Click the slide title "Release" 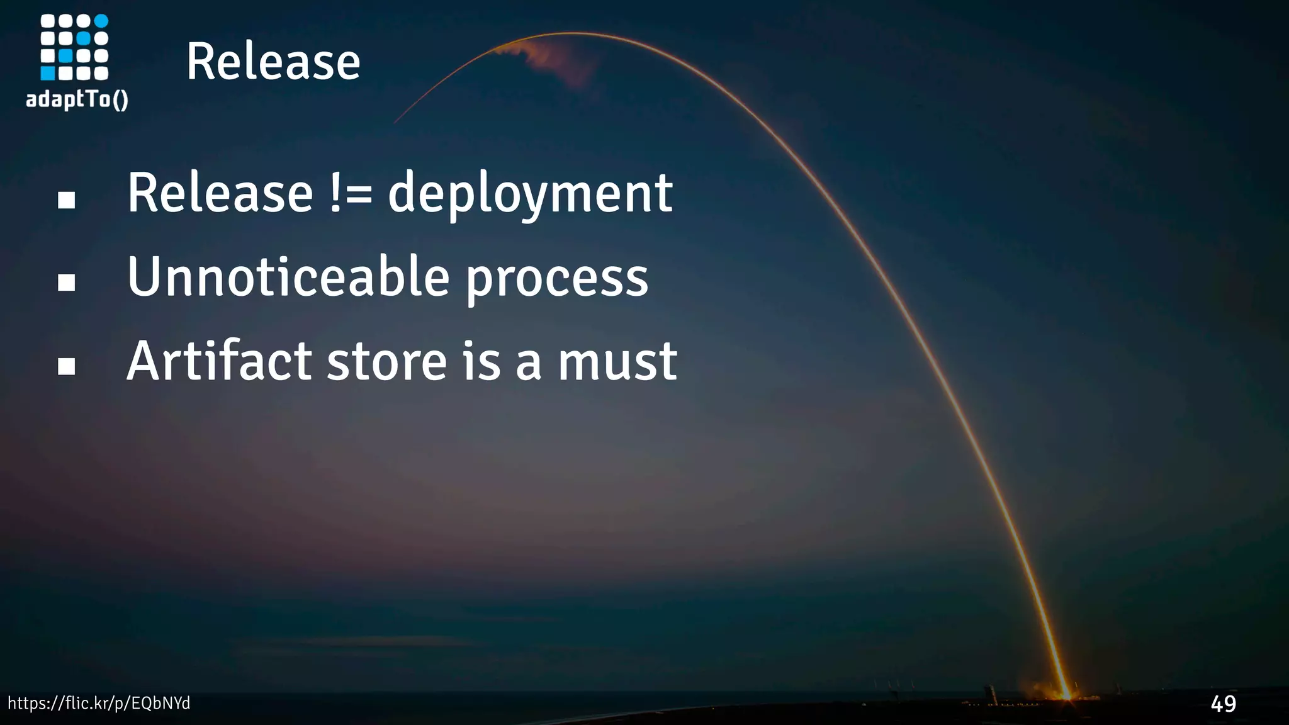[x=273, y=62]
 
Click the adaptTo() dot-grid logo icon [x=74, y=48]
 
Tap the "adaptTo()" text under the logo [x=77, y=99]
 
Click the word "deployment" [x=530, y=194]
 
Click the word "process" [x=557, y=279]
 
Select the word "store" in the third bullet [x=386, y=362]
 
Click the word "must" [x=617, y=362]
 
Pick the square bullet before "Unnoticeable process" [x=66, y=283]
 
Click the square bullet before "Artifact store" [x=66, y=366]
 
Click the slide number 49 [x=1223, y=704]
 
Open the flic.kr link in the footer [x=99, y=704]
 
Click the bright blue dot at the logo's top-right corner [x=101, y=21]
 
